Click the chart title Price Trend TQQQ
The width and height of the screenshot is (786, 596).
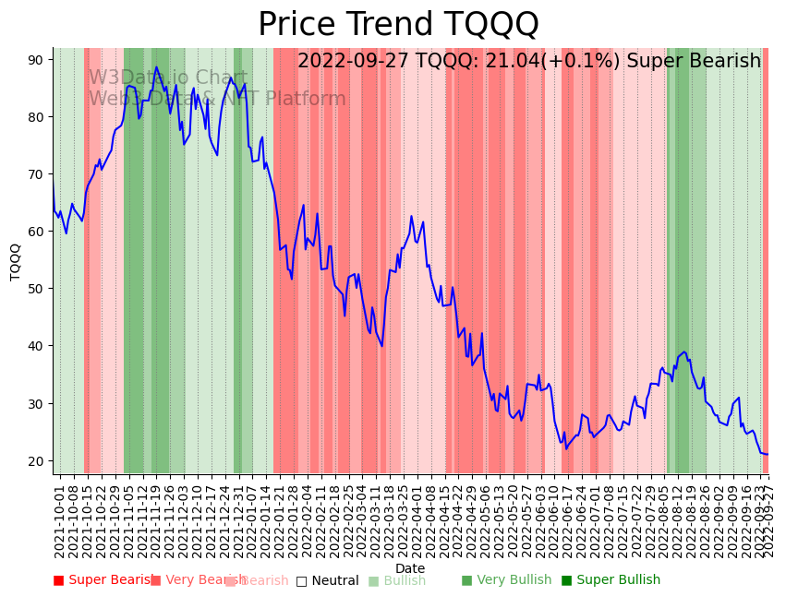click(398, 25)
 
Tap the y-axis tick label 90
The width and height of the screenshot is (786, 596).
click(36, 60)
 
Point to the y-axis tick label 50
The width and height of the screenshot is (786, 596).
click(36, 289)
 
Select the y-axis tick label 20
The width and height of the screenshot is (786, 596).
click(36, 461)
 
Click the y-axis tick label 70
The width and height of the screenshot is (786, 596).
click(36, 174)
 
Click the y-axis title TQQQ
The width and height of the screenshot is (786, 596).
click(16, 261)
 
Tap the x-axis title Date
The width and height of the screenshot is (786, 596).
click(410, 569)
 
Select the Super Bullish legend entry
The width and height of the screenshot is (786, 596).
click(611, 580)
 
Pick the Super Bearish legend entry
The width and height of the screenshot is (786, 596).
click(103, 580)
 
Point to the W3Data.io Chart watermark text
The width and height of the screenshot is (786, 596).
click(168, 78)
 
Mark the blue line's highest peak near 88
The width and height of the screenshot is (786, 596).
click(156, 67)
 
